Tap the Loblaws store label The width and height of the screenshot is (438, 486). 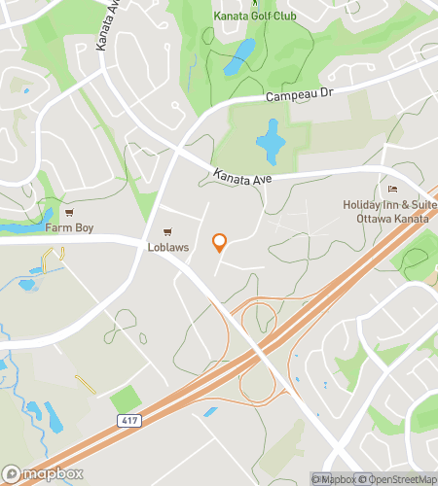pyautogui.click(x=167, y=247)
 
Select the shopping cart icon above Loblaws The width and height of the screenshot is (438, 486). pyautogui.click(x=167, y=233)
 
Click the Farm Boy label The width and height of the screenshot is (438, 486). pyautogui.click(x=66, y=228)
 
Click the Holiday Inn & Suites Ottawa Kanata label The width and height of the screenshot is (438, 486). pyautogui.click(x=388, y=210)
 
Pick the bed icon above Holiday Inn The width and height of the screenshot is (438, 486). pyautogui.click(x=393, y=190)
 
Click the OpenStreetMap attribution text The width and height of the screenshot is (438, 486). pyautogui.click(x=399, y=478)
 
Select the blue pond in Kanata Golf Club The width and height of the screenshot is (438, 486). pyautogui.click(x=238, y=57)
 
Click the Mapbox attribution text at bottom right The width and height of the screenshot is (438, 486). pyautogui.click(x=336, y=478)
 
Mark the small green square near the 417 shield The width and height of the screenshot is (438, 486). pyautogui.click(x=125, y=399)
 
